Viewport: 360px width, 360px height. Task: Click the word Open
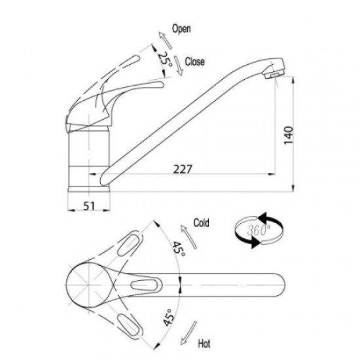181,29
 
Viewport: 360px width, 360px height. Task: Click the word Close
194,62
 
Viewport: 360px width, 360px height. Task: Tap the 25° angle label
165,59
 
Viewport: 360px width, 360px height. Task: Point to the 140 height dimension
289,135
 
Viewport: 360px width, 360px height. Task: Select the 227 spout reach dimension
183,170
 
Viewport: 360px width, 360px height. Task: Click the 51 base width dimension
88,206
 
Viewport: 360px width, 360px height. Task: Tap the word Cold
201,223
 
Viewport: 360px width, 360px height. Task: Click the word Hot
204,344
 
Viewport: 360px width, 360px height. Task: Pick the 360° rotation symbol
259,230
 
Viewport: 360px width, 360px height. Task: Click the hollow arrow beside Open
165,40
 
